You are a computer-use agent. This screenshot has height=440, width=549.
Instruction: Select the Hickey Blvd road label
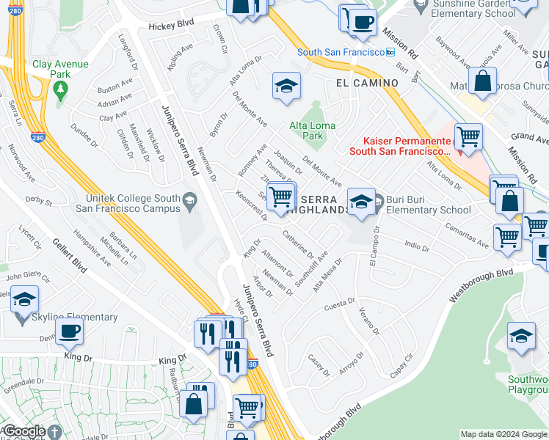[x=171, y=24]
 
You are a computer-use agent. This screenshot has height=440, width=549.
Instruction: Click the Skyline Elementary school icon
[x=24, y=300]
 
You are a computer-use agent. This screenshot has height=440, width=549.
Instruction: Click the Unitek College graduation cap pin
[x=189, y=199]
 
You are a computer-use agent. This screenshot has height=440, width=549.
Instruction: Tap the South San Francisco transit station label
[x=341, y=52]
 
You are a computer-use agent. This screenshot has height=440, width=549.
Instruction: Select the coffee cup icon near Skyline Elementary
[x=69, y=331]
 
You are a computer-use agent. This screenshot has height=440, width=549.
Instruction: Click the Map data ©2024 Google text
[x=503, y=434]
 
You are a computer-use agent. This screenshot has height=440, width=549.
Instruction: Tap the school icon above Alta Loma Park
[x=286, y=86]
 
